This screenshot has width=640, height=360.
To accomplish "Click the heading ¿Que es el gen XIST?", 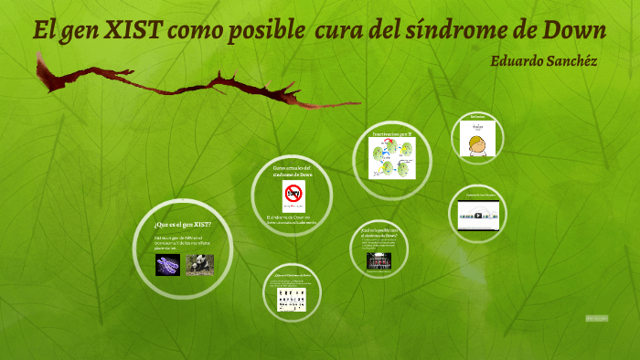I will tap(183, 224).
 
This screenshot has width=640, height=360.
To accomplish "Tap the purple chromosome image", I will tap(167, 264).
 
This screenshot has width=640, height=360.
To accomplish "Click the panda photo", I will tap(199, 264).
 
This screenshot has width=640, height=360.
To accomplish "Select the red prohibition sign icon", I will tap(293, 194).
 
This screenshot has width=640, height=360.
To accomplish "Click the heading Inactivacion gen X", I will tap(392, 134).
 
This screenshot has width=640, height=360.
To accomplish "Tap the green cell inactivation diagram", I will tap(392, 156).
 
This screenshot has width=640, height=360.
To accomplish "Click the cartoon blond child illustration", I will tap(476, 142).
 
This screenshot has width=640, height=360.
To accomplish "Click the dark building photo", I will tap(379, 260).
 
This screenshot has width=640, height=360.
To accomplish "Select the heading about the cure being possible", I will tap(379, 232).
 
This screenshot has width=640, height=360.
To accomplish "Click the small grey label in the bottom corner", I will tap(596, 318).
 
